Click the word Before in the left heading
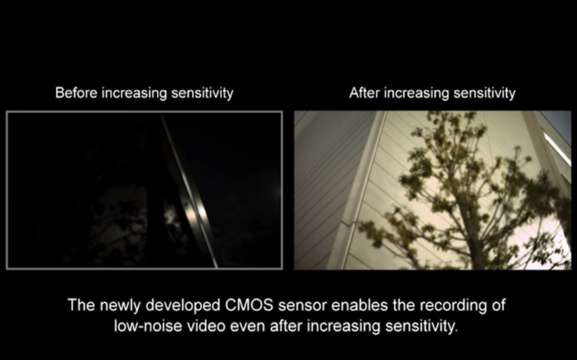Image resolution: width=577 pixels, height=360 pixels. point(76,93)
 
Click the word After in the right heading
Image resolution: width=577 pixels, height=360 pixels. point(364,93)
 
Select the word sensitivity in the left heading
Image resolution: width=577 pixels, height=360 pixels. point(202,93)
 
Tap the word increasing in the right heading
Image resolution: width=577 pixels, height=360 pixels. point(416,93)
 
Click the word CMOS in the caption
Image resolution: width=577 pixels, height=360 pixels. point(249,305)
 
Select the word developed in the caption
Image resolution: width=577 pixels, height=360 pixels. point(183,306)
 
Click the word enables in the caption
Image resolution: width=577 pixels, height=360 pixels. point(359,305)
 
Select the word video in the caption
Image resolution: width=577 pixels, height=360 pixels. point(206,326)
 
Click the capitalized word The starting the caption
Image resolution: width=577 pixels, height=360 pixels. point(81,305)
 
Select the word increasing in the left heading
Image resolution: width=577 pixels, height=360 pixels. point(134,93)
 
